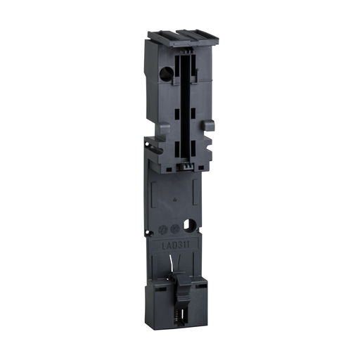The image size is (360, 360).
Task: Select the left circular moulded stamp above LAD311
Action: click(x=165, y=230)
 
